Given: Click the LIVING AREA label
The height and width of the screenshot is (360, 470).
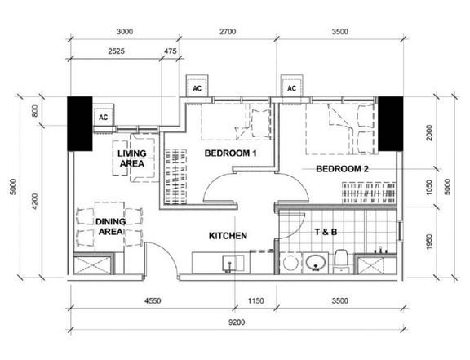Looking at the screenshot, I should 131,158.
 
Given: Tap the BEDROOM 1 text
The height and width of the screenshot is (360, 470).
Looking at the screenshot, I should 230,153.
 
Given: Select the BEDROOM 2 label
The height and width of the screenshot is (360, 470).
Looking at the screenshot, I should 343,168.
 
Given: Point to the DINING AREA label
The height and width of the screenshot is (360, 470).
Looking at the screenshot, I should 109,226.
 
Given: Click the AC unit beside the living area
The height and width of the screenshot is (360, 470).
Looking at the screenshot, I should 104,117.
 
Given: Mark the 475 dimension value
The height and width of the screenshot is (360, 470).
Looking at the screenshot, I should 170,51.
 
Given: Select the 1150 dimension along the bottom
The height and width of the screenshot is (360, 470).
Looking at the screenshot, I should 255,301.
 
